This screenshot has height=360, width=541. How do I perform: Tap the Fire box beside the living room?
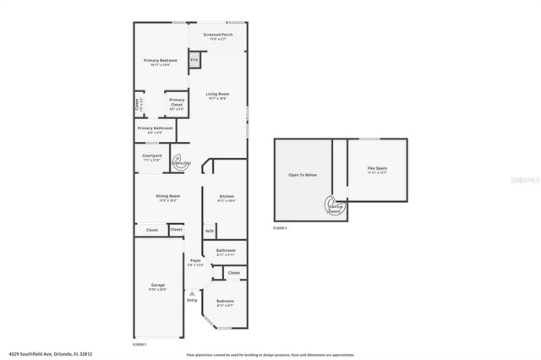[194, 61]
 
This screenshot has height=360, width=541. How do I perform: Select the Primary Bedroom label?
[159, 62]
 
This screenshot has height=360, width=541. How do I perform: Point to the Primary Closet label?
[176, 101]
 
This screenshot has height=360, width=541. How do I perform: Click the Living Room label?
[217, 95]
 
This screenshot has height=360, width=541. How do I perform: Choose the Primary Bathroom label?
[156, 128]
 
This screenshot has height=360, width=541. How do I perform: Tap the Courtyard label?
[152, 155]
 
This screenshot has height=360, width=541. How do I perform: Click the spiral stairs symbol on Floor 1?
[180, 162]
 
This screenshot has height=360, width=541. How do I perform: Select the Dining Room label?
[168, 197]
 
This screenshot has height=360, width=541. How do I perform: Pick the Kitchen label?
[227, 197]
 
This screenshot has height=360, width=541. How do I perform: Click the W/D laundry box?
[210, 231]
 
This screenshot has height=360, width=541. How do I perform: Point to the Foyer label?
[195, 260]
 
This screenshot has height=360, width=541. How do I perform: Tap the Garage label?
[157, 286]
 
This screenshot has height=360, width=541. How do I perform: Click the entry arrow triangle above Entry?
[192, 292]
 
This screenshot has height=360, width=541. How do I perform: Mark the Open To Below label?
[303, 175]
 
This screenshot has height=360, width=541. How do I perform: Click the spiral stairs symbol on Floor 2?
[334, 205]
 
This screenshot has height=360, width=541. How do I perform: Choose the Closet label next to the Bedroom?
[233, 273]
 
